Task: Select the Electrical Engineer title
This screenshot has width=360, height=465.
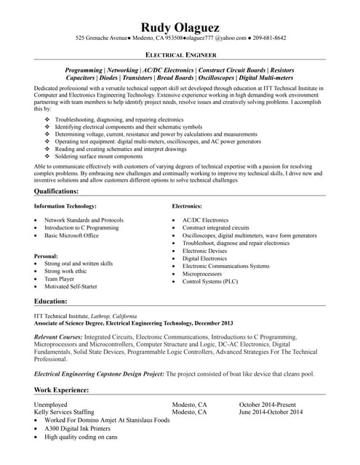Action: click(x=180, y=55)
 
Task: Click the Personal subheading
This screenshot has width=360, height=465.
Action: click(x=47, y=256)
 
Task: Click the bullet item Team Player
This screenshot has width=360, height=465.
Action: click(x=59, y=278)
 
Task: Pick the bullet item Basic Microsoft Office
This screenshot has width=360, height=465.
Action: click(x=71, y=235)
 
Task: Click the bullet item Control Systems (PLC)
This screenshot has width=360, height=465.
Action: click(x=210, y=280)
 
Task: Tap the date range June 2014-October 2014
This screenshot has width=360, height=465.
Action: click(x=271, y=412)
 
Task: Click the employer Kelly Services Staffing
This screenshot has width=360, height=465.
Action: click(x=65, y=412)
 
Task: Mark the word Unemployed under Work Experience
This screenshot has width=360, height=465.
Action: click(x=50, y=404)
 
